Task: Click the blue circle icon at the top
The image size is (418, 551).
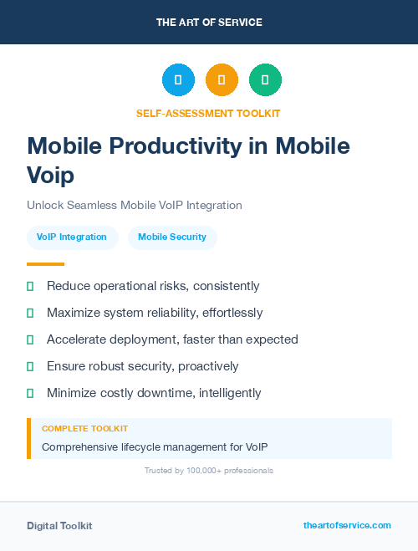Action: coord(178,79)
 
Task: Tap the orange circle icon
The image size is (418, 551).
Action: coord(222,79)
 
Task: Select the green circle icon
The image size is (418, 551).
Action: coord(265,79)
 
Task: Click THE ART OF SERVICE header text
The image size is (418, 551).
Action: coord(209,23)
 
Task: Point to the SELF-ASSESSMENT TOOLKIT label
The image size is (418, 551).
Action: coord(208,113)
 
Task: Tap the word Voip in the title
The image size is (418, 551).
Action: coord(50,176)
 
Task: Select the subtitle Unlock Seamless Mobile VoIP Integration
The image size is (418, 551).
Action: coord(134,205)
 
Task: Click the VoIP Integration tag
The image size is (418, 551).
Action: coord(72,237)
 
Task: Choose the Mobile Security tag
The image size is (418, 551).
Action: coord(172,237)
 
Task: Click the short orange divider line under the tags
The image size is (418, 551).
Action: coord(45,264)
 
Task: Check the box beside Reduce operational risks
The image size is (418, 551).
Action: coord(30,287)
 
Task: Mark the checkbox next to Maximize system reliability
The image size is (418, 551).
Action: coord(30,314)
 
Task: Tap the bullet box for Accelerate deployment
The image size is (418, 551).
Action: coord(30,340)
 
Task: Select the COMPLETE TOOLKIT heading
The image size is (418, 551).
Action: coord(84,429)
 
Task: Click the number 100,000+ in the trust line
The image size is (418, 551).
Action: coord(198,471)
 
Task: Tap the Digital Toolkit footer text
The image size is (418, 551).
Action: coord(59,526)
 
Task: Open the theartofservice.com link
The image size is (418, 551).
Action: coord(347,525)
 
